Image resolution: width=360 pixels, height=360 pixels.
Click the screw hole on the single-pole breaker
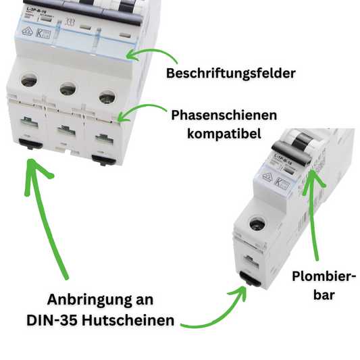tap(257, 225)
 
